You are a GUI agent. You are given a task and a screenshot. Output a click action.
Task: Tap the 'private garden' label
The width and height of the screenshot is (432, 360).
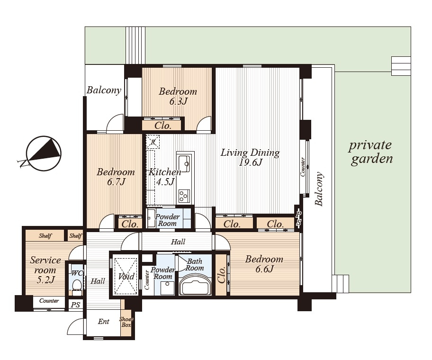click(x=371, y=153)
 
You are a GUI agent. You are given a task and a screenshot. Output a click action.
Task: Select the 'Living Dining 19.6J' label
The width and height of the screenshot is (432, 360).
click(x=250, y=157)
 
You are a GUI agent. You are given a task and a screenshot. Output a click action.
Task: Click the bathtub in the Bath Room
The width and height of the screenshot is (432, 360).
click(x=195, y=288)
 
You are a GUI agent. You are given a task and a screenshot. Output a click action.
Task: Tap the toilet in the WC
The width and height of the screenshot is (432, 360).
click(x=76, y=284)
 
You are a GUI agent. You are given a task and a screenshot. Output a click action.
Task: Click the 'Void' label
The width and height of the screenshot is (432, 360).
click(x=126, y=276)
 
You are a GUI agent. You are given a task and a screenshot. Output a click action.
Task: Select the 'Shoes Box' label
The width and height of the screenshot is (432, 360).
click(x=126, y=322)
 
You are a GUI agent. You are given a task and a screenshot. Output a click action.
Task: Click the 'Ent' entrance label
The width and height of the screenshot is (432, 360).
click(x=104, y=322)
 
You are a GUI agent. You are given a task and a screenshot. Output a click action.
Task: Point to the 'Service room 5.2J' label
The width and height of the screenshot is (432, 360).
click(x=45, y=270)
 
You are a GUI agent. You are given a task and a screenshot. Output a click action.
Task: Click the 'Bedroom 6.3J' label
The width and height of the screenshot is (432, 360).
click(x=178, y=96)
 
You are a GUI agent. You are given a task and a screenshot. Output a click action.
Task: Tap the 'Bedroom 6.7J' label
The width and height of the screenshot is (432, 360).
click(x=116, y=177)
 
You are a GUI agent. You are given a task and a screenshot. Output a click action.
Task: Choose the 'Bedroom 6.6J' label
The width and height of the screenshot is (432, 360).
click(x=264, y=263)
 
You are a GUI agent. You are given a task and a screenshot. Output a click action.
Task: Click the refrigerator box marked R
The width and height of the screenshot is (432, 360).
click(x=153, y=142)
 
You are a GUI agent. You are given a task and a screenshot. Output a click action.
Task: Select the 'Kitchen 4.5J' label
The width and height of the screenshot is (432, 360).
click(x=165, y=177)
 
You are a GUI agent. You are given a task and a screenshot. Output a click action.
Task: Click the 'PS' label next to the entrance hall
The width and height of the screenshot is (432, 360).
click(x=75, y=305)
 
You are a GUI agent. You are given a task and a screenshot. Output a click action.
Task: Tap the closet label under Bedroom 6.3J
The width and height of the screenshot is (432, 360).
click(x=163, y=126)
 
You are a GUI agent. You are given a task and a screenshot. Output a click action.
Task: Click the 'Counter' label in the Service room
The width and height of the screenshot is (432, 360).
click(x=49, y=300)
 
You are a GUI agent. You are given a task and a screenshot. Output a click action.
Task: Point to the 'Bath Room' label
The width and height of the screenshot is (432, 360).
click(x=195, y=264)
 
